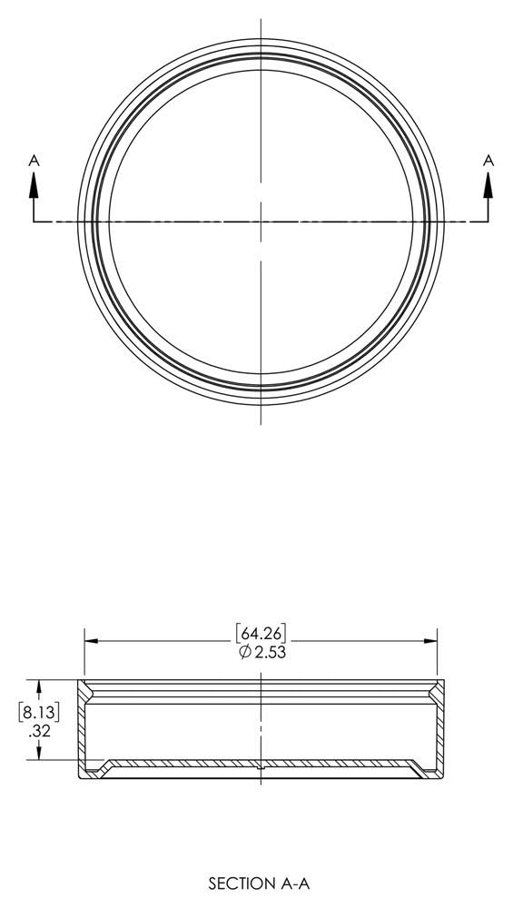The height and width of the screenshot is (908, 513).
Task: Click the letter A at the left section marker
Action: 35,160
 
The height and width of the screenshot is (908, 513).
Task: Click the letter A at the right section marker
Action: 488,160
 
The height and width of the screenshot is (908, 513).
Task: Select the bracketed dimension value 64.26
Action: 261,633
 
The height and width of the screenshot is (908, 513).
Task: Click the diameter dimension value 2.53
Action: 269,652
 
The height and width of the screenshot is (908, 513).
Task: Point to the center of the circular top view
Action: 261,221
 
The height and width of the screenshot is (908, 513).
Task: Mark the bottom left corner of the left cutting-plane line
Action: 35,221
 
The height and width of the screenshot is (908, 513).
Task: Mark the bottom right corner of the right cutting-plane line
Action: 488,221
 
